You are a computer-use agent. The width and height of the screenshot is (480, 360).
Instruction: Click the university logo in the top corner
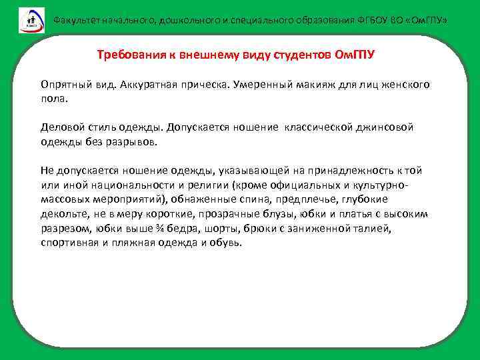coord(31,20)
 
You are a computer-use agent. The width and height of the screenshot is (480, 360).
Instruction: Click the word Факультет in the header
coord(75,21)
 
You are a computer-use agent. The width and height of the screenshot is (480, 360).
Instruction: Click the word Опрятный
coord(66,86)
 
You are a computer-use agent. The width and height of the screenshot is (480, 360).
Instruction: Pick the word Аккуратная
coord(151,86)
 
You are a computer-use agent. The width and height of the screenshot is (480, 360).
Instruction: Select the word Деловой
coord(62,127)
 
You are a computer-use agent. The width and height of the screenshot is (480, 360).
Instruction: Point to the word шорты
coord(229,228)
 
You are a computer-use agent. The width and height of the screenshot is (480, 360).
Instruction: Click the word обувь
coord(227,243)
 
